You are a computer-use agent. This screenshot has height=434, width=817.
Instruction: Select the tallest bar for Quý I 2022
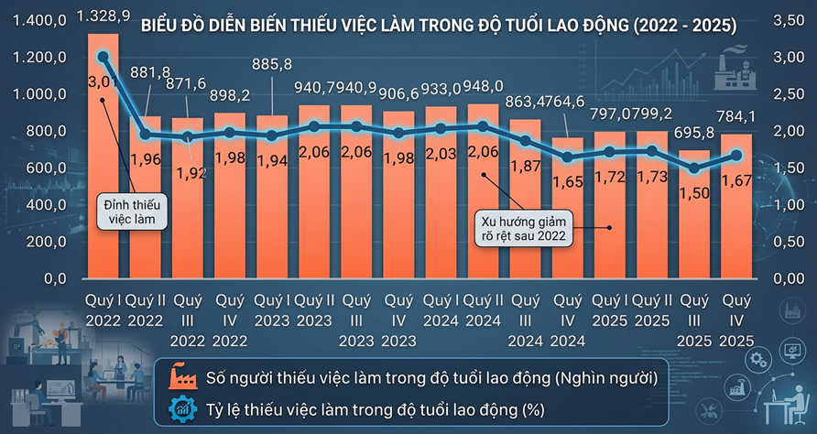pyautogui.click(x=103, y=183)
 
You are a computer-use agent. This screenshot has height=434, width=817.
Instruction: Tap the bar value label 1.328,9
pyautogui.click(x=103, y=16)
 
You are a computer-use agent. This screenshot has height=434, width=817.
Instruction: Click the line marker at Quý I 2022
pyautogui.click(x=103, y=57)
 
